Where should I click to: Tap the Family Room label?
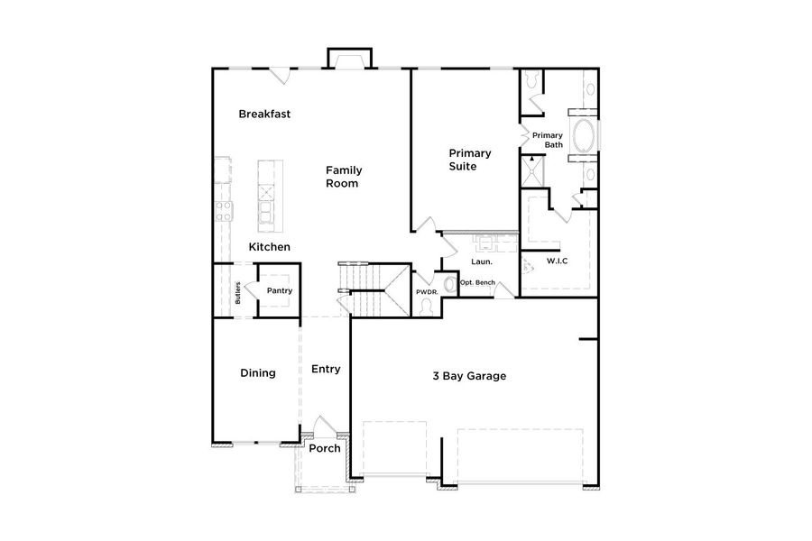click(x=342, y=177)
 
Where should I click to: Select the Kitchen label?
click(x=269, y=246)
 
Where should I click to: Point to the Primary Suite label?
click(x=469, y=160)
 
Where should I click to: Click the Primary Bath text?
click(x=547, y=140)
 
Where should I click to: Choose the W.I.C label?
click(x=557, y=261)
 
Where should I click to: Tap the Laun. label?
click(x=480, y=262)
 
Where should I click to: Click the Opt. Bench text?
click(x=477, y=283)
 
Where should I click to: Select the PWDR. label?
click(x=427, y=292)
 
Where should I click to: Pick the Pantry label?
click(x=279, y=290)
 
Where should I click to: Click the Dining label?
click(x=257, y=373)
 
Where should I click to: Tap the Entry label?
click(x=326, y=369)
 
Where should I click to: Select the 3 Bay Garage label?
click(x=468, y=376)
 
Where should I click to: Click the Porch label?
click(x=324, y=448)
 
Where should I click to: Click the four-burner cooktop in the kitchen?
click(x=223, y=212)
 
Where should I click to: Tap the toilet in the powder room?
click(x=427, y=307)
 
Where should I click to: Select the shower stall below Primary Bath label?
click(x=533, y=171)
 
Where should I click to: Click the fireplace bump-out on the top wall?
click(x=348, y=60)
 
